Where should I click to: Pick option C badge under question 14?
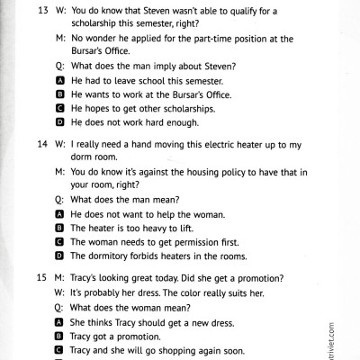(60, 242)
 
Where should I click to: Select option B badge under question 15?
(60, 334)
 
